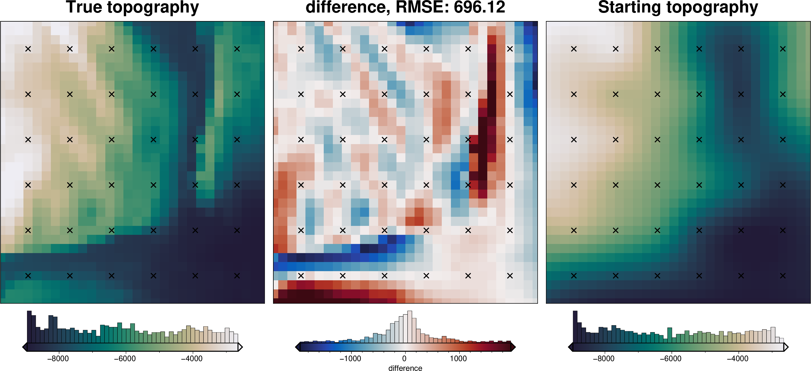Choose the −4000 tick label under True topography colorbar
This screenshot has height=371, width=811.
pyautogui.click(x=192, y=359)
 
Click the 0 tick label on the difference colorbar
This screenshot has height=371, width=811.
pyautogui.click(x=405, y=359)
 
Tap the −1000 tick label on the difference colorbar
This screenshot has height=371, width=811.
pyautogui.click(x=350, y=359)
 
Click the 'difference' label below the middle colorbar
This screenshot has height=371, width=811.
pyautogui.click(x=405, y=368)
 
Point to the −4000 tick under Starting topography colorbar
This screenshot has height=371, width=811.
pyautogui.click(x=738, y=359)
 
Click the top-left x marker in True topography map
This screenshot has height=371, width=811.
pyautogui.click(x=28, y=49)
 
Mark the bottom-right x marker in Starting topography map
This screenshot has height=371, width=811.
pyautogui.click(x=783, y=275)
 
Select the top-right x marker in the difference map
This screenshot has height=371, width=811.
pyautogui.click(x=510, y=49)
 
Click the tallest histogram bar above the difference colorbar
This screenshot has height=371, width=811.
pyautogui.click(x=410, y=327)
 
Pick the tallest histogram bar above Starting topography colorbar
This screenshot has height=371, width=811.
pyautogui.click(x=575, y=327)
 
